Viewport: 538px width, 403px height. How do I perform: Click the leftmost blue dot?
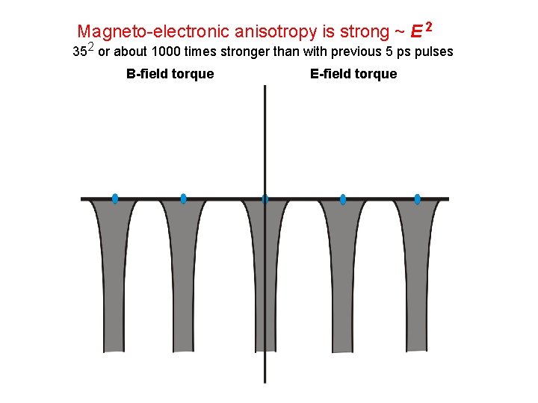[x=115, y=199]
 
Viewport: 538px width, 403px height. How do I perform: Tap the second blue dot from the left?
[x=183, y=199]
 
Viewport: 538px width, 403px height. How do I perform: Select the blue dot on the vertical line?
[x=265, y=199]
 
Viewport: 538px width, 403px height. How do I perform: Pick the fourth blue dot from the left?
[x=343, y=199]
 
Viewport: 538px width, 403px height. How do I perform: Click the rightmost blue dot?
[x=417, y=199]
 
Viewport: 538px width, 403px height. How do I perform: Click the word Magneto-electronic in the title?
[x=153, y=32]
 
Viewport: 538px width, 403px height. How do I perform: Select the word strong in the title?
[x=364, y=32]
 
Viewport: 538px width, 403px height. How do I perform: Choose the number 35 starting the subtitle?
[x=79, y=52]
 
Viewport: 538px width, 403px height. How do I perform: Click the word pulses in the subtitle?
[x=434, y=52]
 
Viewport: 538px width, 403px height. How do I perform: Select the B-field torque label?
[x=170, y=74]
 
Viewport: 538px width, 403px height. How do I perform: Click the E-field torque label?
[x=353, y=74]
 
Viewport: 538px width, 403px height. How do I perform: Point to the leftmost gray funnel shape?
[x=114, y=284]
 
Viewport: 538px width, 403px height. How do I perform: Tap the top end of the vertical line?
[x=265, y=87]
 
